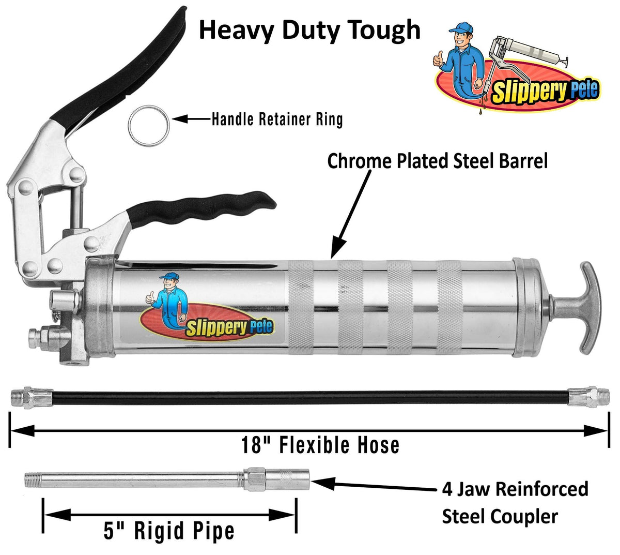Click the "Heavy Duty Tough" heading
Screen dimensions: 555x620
pos(309,31)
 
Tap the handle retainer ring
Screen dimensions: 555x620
pos(148,119)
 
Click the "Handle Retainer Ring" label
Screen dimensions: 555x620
pos(277,119)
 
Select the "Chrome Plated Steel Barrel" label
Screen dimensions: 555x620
pos(437,161)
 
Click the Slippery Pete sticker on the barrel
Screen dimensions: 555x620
pos(207,311)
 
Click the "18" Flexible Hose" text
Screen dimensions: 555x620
pos(320,445)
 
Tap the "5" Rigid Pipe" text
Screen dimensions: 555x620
pos(169,531)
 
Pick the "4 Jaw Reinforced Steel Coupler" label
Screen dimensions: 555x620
pos(515,502)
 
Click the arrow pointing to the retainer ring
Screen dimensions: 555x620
pos(191,119)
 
